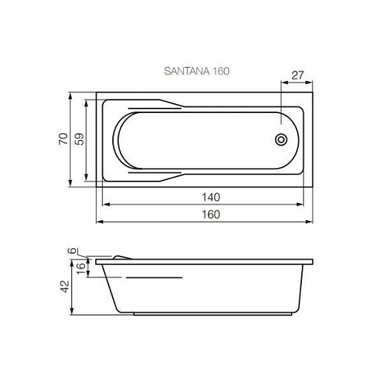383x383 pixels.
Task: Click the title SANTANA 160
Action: (196, 71)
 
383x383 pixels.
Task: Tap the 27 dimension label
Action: (297, 75)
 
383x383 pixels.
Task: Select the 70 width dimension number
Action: (63, 139)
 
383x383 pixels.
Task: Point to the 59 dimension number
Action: (80, 139)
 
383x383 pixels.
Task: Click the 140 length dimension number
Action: (210, 197)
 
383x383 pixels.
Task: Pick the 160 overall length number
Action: (210, 214)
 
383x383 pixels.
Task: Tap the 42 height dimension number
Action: (65, 286)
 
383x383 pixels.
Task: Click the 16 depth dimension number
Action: (81, 268)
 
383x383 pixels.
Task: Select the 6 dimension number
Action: (72, 251)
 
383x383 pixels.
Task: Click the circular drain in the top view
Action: (281, 140)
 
